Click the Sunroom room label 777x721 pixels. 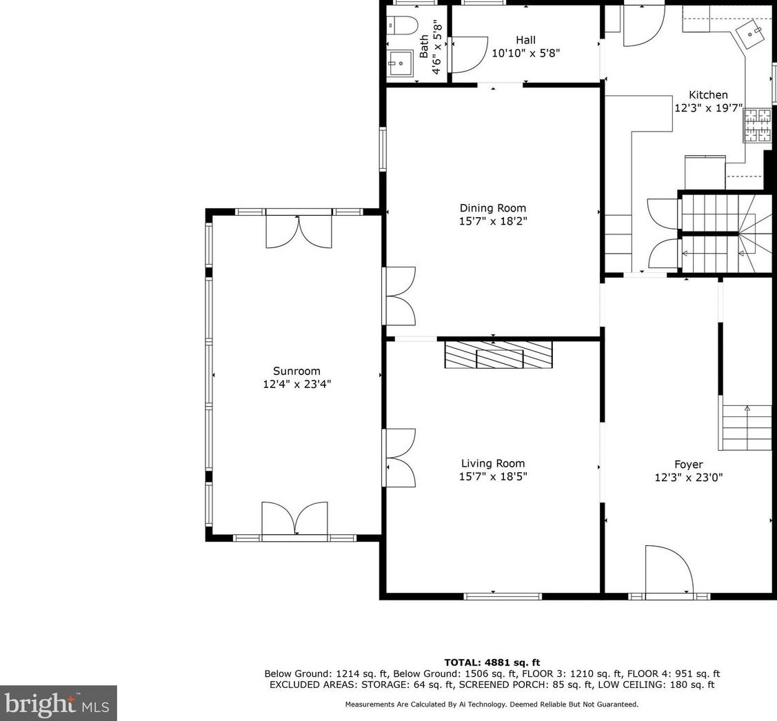296,371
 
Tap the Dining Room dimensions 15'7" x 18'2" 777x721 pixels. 492,221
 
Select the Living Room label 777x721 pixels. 492,463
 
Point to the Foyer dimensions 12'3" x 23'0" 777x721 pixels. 688,477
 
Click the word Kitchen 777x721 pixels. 708,94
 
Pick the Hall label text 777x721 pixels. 525,40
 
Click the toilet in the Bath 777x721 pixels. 403,26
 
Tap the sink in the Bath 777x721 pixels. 401,63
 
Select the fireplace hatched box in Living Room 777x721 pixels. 498,354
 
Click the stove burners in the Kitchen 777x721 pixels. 758,125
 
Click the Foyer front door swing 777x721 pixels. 669,569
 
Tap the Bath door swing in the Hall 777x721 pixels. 468,54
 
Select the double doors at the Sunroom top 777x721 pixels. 299,231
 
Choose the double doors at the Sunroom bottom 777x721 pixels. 295,518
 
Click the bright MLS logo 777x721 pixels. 58,703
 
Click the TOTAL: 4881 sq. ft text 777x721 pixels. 492,662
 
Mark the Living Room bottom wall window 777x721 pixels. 503,596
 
